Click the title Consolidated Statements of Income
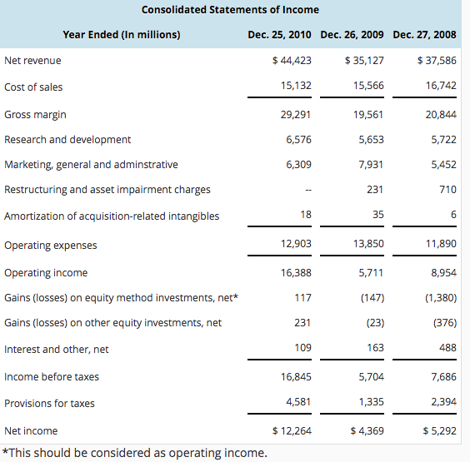tap(230, 10)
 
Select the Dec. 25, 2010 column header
tap(280, 35)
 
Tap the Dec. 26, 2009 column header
tap(352, 35)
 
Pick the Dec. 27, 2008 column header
tap(424, 35)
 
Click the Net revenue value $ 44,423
tap(292, 61)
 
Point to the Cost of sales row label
tap(33, 87)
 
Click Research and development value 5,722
tap(442, 140)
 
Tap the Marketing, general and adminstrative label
tap(91, 165)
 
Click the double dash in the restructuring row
tap(307, 191)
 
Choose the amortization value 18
tap(306, 216)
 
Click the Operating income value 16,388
tap(297, 272)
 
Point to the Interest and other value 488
tap(447, 347)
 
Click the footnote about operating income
tap(135, 453)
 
